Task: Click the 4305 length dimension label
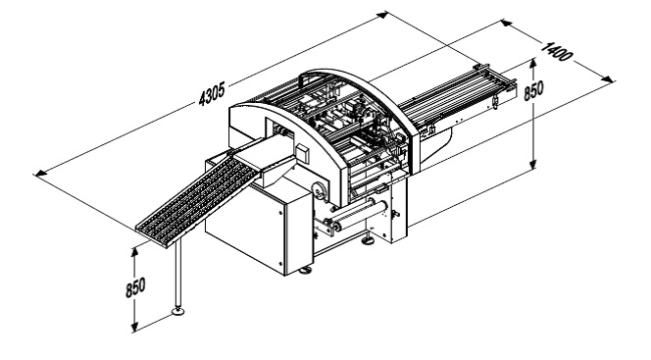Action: (212, 94)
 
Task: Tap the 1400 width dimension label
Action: (557, 51)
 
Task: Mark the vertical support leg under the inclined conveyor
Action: (178, 274)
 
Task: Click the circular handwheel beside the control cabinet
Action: (321, 191)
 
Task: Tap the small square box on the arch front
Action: (302, 153)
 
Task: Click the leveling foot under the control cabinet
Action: (305, 271)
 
